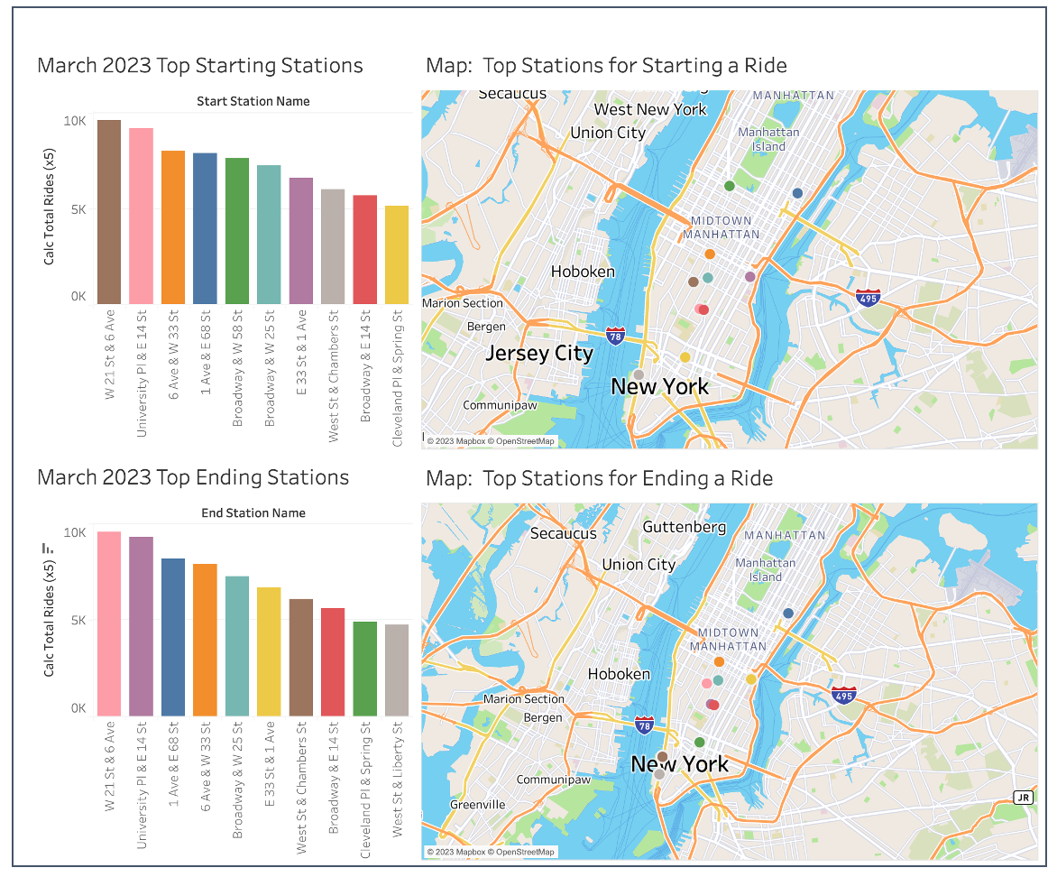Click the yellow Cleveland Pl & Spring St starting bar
tap(397, 254)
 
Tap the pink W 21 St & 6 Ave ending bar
tap(109, 623)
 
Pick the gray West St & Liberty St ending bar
tap(397, 669)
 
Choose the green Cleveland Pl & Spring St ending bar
tap(364, 668)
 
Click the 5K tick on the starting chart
tap(77, 208)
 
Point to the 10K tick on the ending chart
tap(75, 532)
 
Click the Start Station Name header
tap(253, 101)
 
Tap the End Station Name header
tap(253, 512)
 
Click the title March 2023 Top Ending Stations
tap(193, 477)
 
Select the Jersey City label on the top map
tap(539, 353)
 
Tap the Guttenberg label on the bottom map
tap(685, 526)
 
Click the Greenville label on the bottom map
tap(478, 804)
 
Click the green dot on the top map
tap(730, 186)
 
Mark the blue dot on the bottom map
tap(788, 613)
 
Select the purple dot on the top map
tap(750, 276)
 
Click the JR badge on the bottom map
tap(1022, 797)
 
